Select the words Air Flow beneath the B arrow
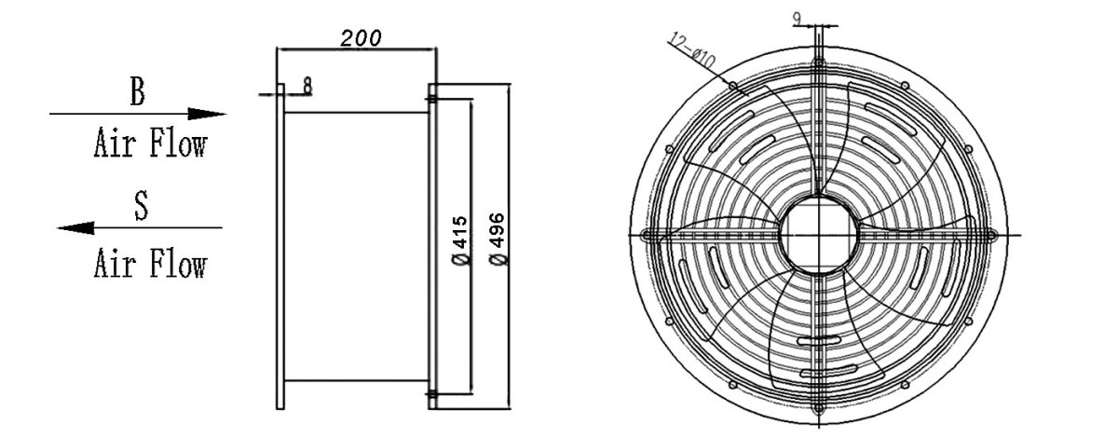(x=149, y=144)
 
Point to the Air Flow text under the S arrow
(x=149, y=265)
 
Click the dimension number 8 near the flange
(x=307, y=85)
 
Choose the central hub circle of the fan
(x=817, y=235)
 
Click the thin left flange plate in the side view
(x=280, y=247)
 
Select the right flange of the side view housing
(x=431, y=247)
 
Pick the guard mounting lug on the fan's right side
(x=988, y=235)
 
